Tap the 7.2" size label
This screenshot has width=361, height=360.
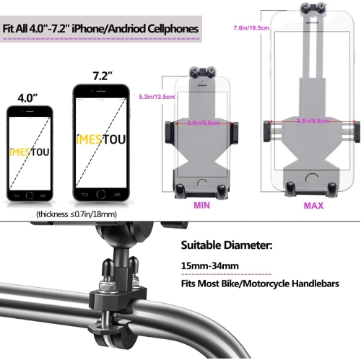click(x=100, y=74)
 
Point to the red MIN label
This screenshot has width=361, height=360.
click(x=201, y=205)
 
